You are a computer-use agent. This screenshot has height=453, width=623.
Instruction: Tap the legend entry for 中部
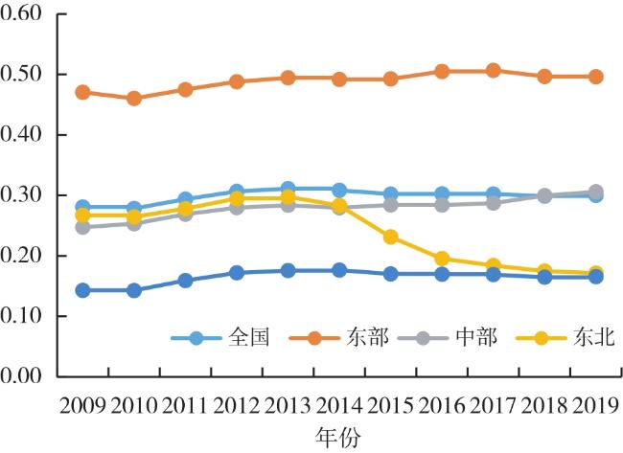467,337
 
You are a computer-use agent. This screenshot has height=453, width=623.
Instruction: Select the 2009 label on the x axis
83,405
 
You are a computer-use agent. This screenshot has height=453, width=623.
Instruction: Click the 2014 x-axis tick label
339,405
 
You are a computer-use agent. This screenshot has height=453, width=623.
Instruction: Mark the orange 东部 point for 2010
134,99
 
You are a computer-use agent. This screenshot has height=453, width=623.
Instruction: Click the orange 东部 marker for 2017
493,70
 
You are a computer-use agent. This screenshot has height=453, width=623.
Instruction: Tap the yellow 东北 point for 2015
390,237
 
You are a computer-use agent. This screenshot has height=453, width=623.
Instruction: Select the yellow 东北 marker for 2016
442,259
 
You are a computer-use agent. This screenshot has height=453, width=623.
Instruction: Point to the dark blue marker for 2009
83,290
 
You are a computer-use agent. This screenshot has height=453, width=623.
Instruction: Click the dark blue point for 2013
288,270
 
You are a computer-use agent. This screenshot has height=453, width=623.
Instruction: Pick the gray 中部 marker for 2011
185,214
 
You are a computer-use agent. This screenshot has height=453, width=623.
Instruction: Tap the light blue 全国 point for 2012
237,193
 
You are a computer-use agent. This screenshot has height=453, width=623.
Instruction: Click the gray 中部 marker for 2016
442,205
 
